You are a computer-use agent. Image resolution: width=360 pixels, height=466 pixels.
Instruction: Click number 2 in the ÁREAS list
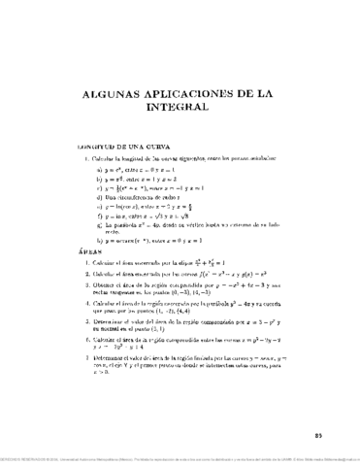81,275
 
